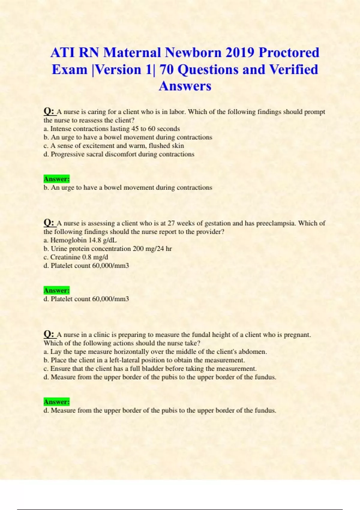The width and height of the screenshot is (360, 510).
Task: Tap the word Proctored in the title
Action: (289, 52)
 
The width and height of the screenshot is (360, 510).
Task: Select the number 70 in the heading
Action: (167, 70)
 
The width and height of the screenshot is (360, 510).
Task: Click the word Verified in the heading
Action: (293, 70)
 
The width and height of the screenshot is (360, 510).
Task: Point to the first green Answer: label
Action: (56, 179)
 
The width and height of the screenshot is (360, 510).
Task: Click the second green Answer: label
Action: (56, 290)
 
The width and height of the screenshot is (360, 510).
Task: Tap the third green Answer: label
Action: (56, 402)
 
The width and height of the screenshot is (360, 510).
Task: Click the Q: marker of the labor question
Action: (49, 112)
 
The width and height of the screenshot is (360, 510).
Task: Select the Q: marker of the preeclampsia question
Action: (49, 223)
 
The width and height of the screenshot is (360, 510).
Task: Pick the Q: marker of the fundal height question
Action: (49, 334)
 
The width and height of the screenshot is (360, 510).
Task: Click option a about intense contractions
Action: (112, 129)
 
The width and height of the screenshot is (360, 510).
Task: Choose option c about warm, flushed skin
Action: (114, 146)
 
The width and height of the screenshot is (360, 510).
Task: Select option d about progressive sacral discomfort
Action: (119, 154)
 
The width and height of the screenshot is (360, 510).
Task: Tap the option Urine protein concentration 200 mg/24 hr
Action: (107, 249)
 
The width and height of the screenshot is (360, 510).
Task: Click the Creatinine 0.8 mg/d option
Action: (76, 257)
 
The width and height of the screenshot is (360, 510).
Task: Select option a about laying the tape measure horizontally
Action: (155, 352)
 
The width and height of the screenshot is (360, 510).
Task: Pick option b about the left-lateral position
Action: (144, 360)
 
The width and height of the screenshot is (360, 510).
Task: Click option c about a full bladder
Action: (150, 368)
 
